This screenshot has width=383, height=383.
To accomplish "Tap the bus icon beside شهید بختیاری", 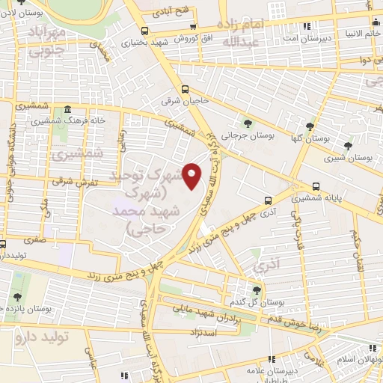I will coord(144,31).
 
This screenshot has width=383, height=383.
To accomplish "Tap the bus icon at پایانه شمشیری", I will coord(316,186).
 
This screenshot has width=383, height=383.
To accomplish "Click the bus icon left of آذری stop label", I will coord(268,200).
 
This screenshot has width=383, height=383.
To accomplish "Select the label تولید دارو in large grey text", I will coord(41,337).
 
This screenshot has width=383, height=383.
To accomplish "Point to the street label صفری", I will coord(35,240).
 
